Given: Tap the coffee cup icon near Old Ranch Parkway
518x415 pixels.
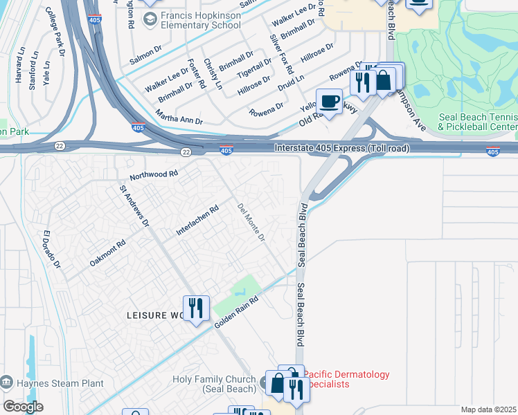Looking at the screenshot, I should (x=329, y=102).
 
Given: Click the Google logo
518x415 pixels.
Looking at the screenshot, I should (x=23, y=407).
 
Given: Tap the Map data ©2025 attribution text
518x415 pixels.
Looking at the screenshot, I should (x=489, y=409).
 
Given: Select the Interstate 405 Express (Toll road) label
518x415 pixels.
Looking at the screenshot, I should (x=342, y=148).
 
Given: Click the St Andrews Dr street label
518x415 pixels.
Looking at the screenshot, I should (x=134, y=205).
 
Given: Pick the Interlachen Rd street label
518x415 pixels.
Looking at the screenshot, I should (x=197, y=220).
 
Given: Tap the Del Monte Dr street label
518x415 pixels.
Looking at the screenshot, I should (x=251, y=223).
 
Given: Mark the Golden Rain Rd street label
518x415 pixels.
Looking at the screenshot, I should (x=236, y=313).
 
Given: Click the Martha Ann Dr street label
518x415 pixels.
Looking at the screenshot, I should (x=179, y=116).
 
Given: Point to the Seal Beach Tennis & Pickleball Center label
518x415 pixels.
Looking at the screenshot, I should (x=479, y=122).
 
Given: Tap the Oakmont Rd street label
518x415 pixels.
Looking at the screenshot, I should (x=107, y=254).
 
